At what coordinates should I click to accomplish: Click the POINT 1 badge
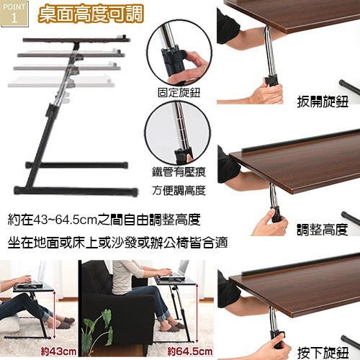tap(14, 14)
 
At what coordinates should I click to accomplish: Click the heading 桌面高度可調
tap(91, 14)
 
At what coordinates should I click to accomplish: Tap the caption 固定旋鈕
tap(179, 93)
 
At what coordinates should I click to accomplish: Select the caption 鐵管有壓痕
tap(179, 172)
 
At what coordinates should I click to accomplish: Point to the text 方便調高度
tap(179, 191)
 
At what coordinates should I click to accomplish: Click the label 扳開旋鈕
tap(323, 102)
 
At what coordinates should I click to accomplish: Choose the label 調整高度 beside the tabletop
tap(323, 230)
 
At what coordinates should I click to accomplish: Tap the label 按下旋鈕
tap(323, 352)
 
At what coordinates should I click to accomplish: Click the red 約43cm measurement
tap(58, 352)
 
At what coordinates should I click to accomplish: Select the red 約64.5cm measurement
tap(190, 352)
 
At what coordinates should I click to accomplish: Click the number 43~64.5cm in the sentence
tap(66, 220)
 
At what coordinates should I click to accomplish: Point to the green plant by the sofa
tap(97, 333)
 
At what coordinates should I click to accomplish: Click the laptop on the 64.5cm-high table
tap(172, 271)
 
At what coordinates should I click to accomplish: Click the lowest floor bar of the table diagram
tap(76, 191)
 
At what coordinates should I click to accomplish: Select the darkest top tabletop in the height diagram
tap(76, 40)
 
